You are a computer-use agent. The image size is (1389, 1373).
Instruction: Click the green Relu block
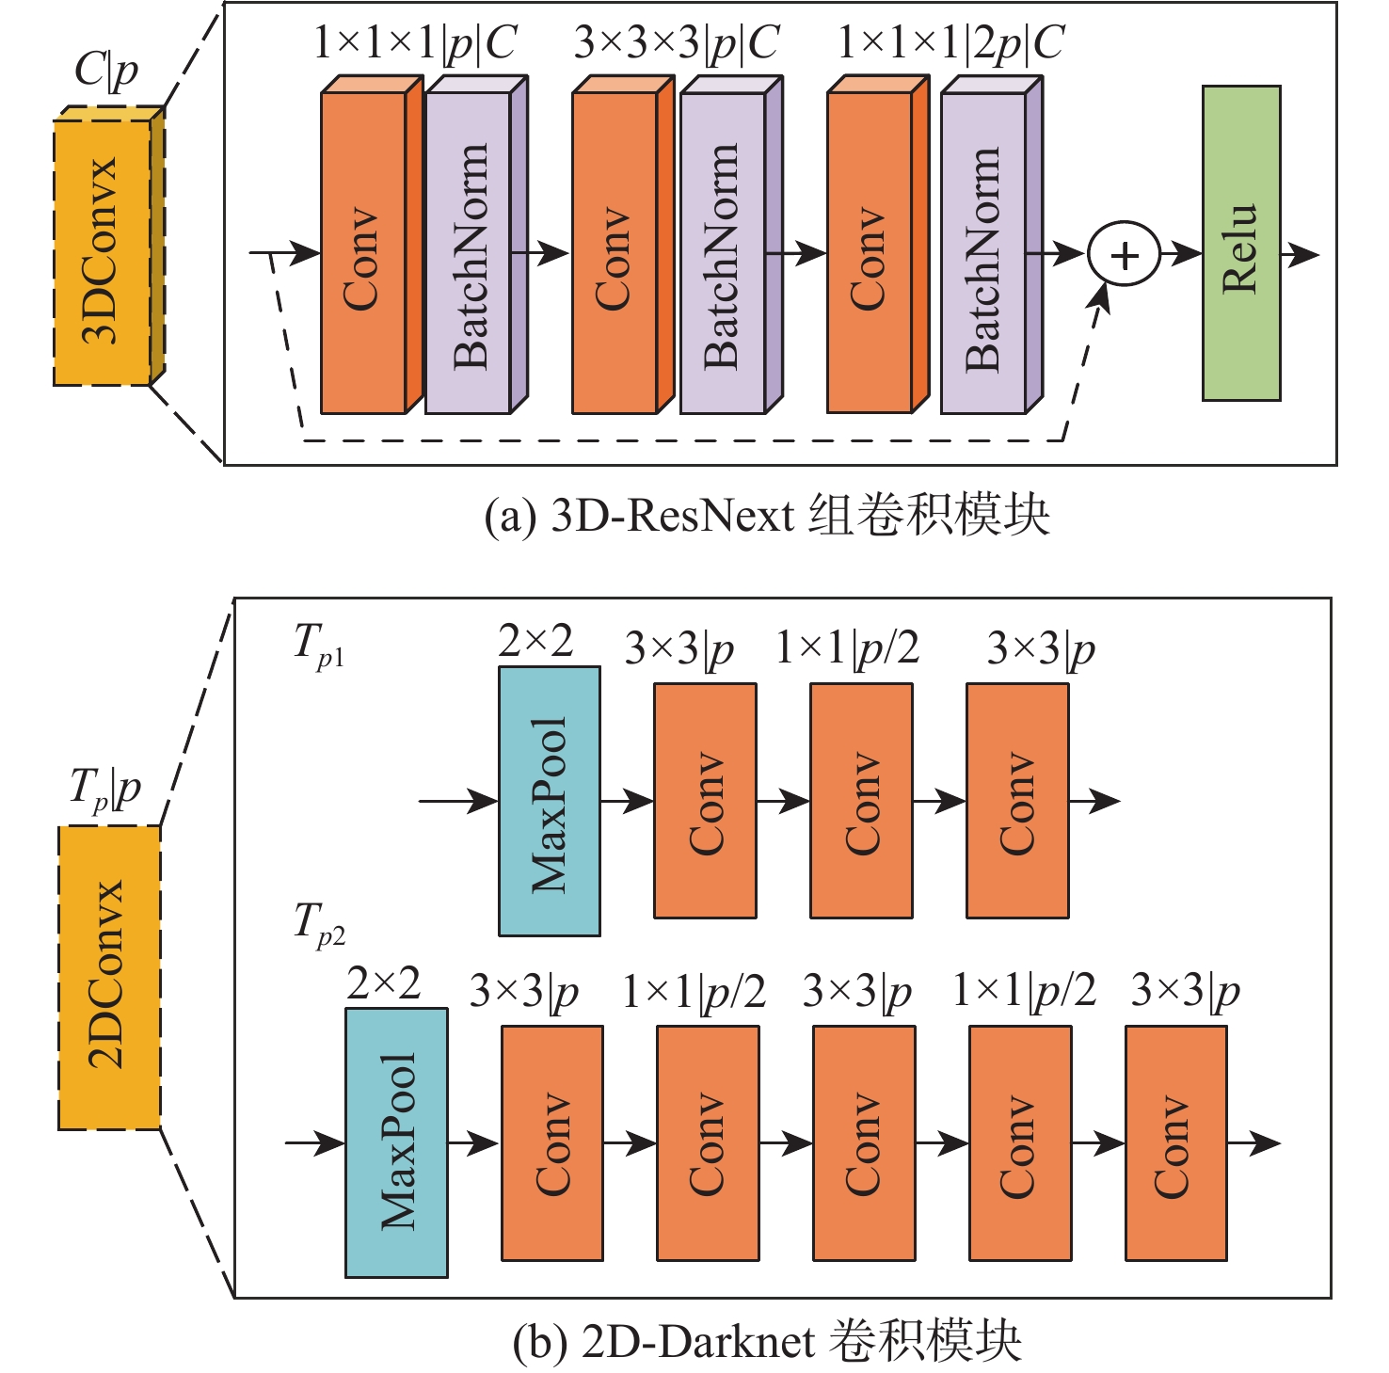click(x=1240, y=244)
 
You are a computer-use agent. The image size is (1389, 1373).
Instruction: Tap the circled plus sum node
click(x=1125, y=254)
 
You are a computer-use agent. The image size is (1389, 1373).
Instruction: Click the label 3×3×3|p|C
click(x=677, y=43)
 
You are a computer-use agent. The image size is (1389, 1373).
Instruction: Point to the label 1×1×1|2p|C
click(x=950, y=43)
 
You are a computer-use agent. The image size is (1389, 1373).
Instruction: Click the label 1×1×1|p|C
click(x=415, y=43)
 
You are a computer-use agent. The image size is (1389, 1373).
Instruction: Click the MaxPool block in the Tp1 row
click(x=550, y=801)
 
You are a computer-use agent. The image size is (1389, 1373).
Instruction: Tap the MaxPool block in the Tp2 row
click(x=396, y=1142)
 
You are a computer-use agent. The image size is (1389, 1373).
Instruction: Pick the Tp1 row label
click(x=319, y=647)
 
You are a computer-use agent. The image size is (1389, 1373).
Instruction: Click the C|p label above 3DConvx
click(x=105, y=70)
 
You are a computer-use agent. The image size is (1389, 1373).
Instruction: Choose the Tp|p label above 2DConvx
click(x=104, y=790)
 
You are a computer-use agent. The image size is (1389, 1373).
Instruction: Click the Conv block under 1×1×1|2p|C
click(x=870, y=252)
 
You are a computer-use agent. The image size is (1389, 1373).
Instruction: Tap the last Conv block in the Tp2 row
click(x=1175, y=1142)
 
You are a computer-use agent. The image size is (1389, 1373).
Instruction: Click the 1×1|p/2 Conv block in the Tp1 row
click(x=861, y=801)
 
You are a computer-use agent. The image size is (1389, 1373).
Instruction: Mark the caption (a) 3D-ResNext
click(x=766, y=515)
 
